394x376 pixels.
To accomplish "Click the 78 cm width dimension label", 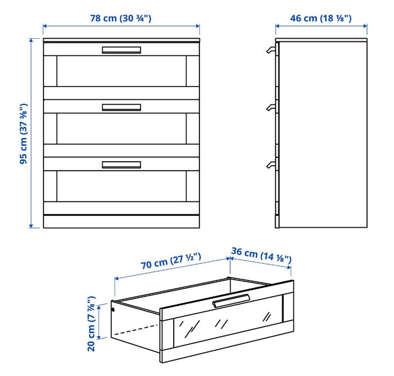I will (x=121, y=18).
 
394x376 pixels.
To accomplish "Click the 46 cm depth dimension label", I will (x=321, y=18).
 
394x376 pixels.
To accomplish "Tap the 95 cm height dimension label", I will (x=24, y=133).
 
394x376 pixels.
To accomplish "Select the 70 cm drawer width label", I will (x=171, y=263).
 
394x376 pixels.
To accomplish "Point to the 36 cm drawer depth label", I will (x=261, y=255).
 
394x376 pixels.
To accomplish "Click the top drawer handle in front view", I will (x=121, y=50).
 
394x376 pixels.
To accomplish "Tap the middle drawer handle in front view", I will (x=121, y=107).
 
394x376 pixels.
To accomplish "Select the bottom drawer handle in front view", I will (x=121, y=165).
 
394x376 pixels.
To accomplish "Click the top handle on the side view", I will (x=270, y=50).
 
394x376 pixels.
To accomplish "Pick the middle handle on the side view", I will (x=270, y=108).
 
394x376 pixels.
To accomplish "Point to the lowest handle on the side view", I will (x=270, y=165).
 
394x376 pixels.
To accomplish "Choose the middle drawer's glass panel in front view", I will (x=121, y=128).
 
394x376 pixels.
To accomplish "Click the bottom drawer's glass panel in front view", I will (x=121, y=186).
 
